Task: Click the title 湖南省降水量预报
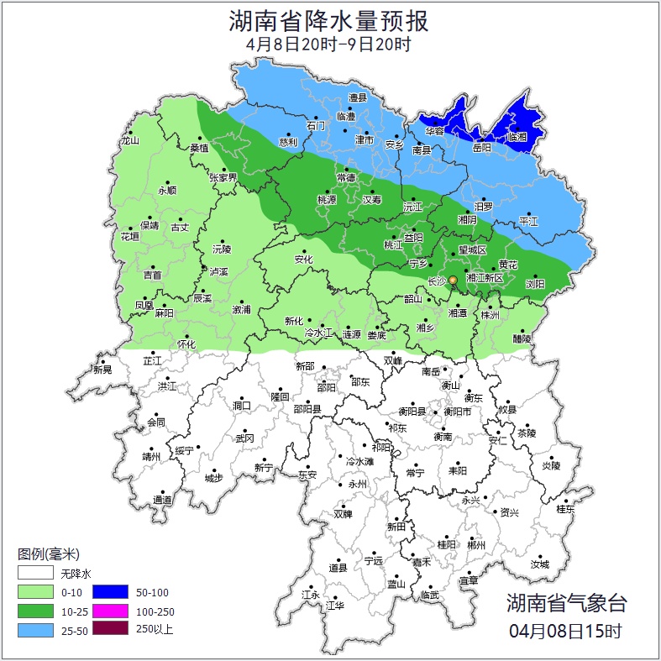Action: [x=329, y=20]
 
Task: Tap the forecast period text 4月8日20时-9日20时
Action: [x=329, y=45]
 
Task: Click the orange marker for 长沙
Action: [x=453, y=281]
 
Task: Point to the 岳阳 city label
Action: [x=481, y=148]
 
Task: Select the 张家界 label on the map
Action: [x=223, y=178]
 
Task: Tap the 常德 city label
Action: [x=346, y=178]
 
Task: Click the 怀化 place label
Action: [x=186, y=344]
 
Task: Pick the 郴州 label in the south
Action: [x=476, y=545]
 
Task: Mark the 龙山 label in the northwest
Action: [x=129, y=141]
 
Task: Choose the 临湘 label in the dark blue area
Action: [x=517, y=138]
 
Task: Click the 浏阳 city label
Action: [x=535, y=284]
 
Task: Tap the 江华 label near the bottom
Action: [x=335, y=605]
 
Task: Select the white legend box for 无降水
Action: [x=36, y=574]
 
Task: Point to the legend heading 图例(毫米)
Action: [x=49, y=554]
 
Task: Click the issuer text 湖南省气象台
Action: [x=566, y=602]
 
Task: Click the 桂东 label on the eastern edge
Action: [x=566, y=509]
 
